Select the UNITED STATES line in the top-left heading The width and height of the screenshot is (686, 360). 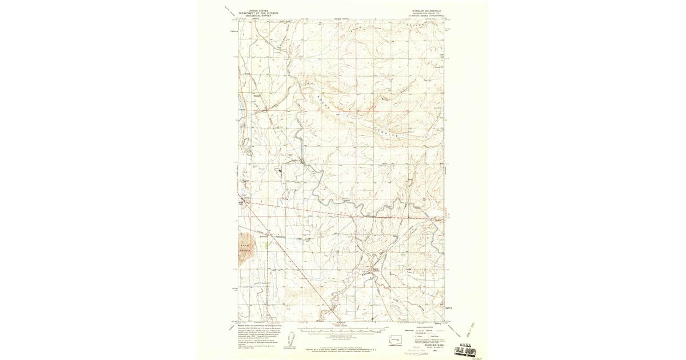257,10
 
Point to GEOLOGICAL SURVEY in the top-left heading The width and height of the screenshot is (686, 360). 257,16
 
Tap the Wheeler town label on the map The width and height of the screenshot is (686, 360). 296,161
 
